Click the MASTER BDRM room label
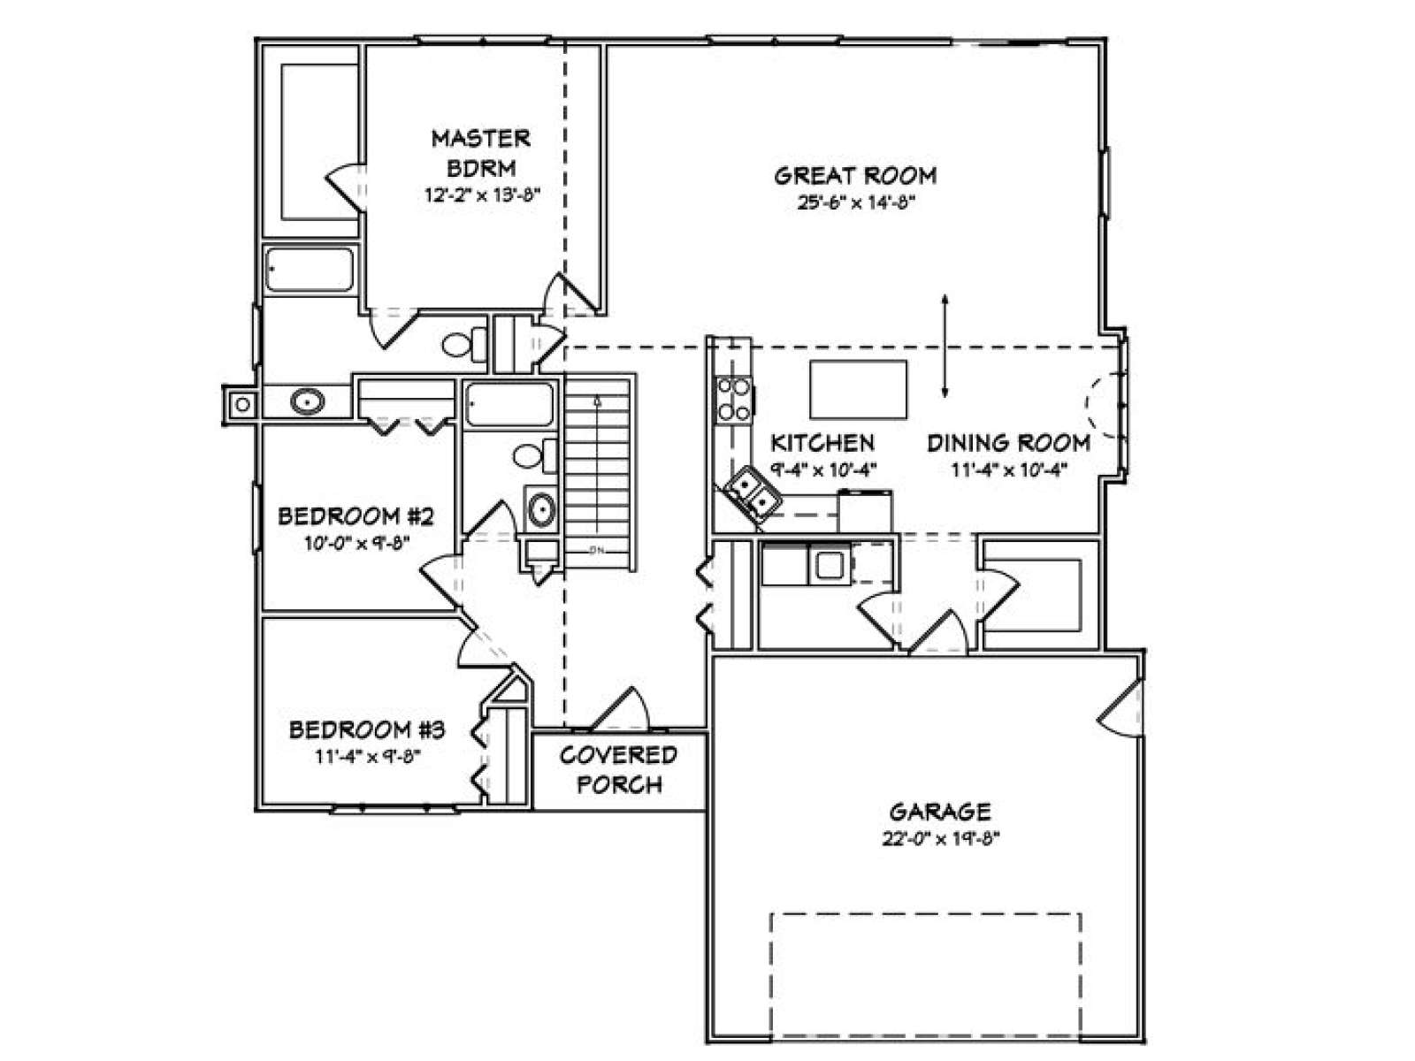[x=481, y=153]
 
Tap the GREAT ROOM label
[x=855, y=176]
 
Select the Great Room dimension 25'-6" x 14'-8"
[x=856, y=203]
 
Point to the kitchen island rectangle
[x=858, y=390]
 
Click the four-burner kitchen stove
[x=734, y=400]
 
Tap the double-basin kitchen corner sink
[x=752, y=492]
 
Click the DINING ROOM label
[x=1008, y=443]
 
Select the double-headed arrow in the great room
[x=945, y=346]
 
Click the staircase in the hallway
[x=597, y=474]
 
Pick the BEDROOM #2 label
[x=356, y=516]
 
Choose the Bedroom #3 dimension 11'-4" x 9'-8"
[x=368, y=756]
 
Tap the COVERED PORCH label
[x=619, y=770]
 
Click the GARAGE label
[x=941, y=811]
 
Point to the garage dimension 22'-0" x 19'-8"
[x=941, y=839]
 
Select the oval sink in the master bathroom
[x=306, y=401]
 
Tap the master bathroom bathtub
[x=310, y=270]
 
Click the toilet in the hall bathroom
[x=535, y=456]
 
